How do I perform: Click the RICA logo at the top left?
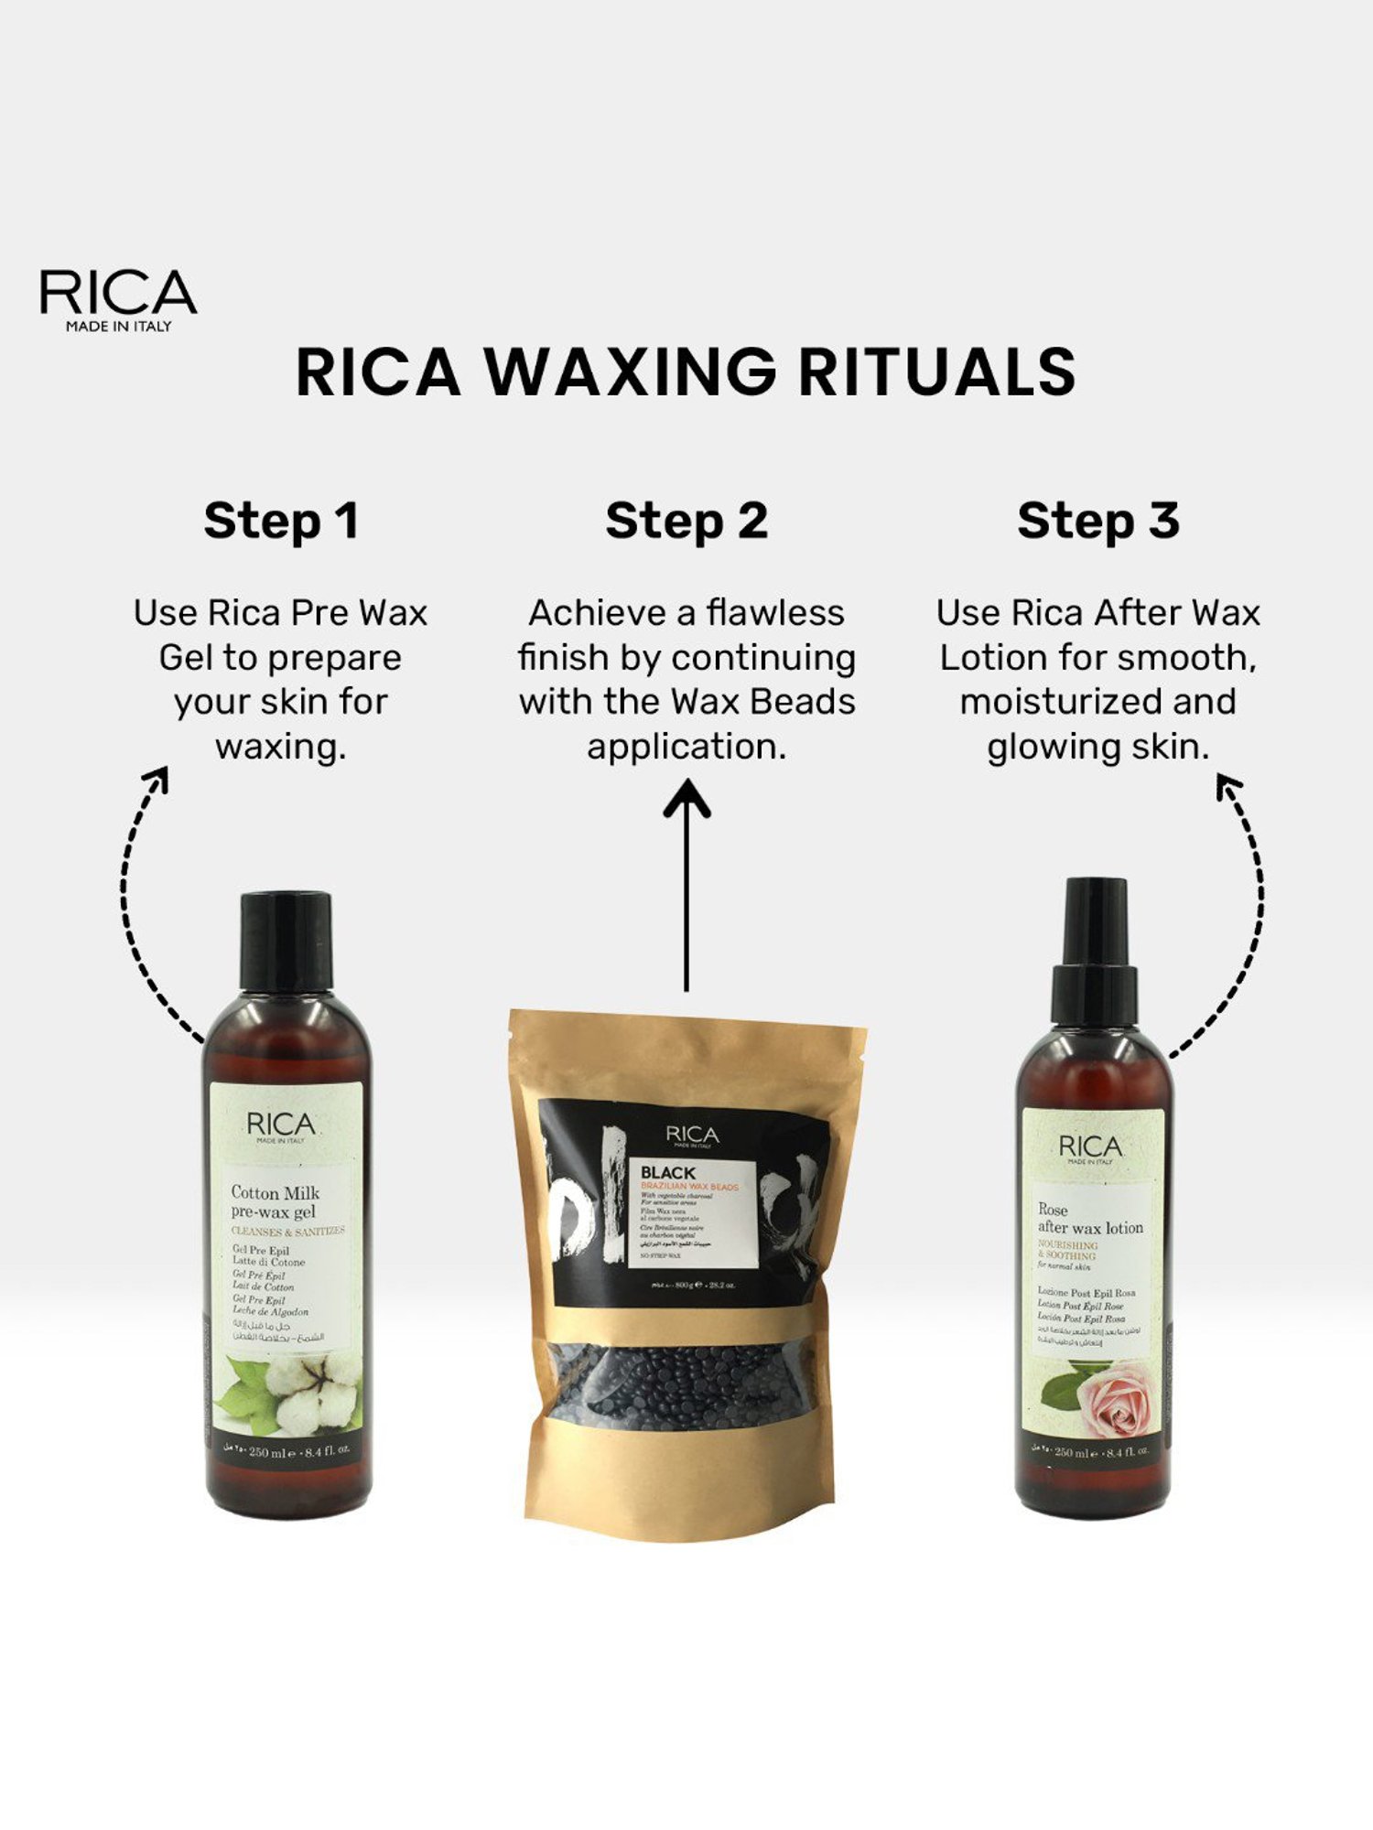coord(118,298)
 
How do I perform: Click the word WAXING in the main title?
coord(630,372)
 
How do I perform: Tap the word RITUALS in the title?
coord(936,372)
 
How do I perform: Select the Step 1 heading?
coord(280,522)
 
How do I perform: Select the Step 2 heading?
coord(686,522)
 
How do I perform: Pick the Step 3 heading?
coord(1097,522)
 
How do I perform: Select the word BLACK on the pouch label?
coord(667,1172)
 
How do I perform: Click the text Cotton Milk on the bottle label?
coord(275,1192)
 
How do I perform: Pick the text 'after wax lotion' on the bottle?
coord(1090,1228)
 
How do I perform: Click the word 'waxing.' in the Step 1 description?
coord(280,747)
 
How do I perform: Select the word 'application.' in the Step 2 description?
coord(686,747)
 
